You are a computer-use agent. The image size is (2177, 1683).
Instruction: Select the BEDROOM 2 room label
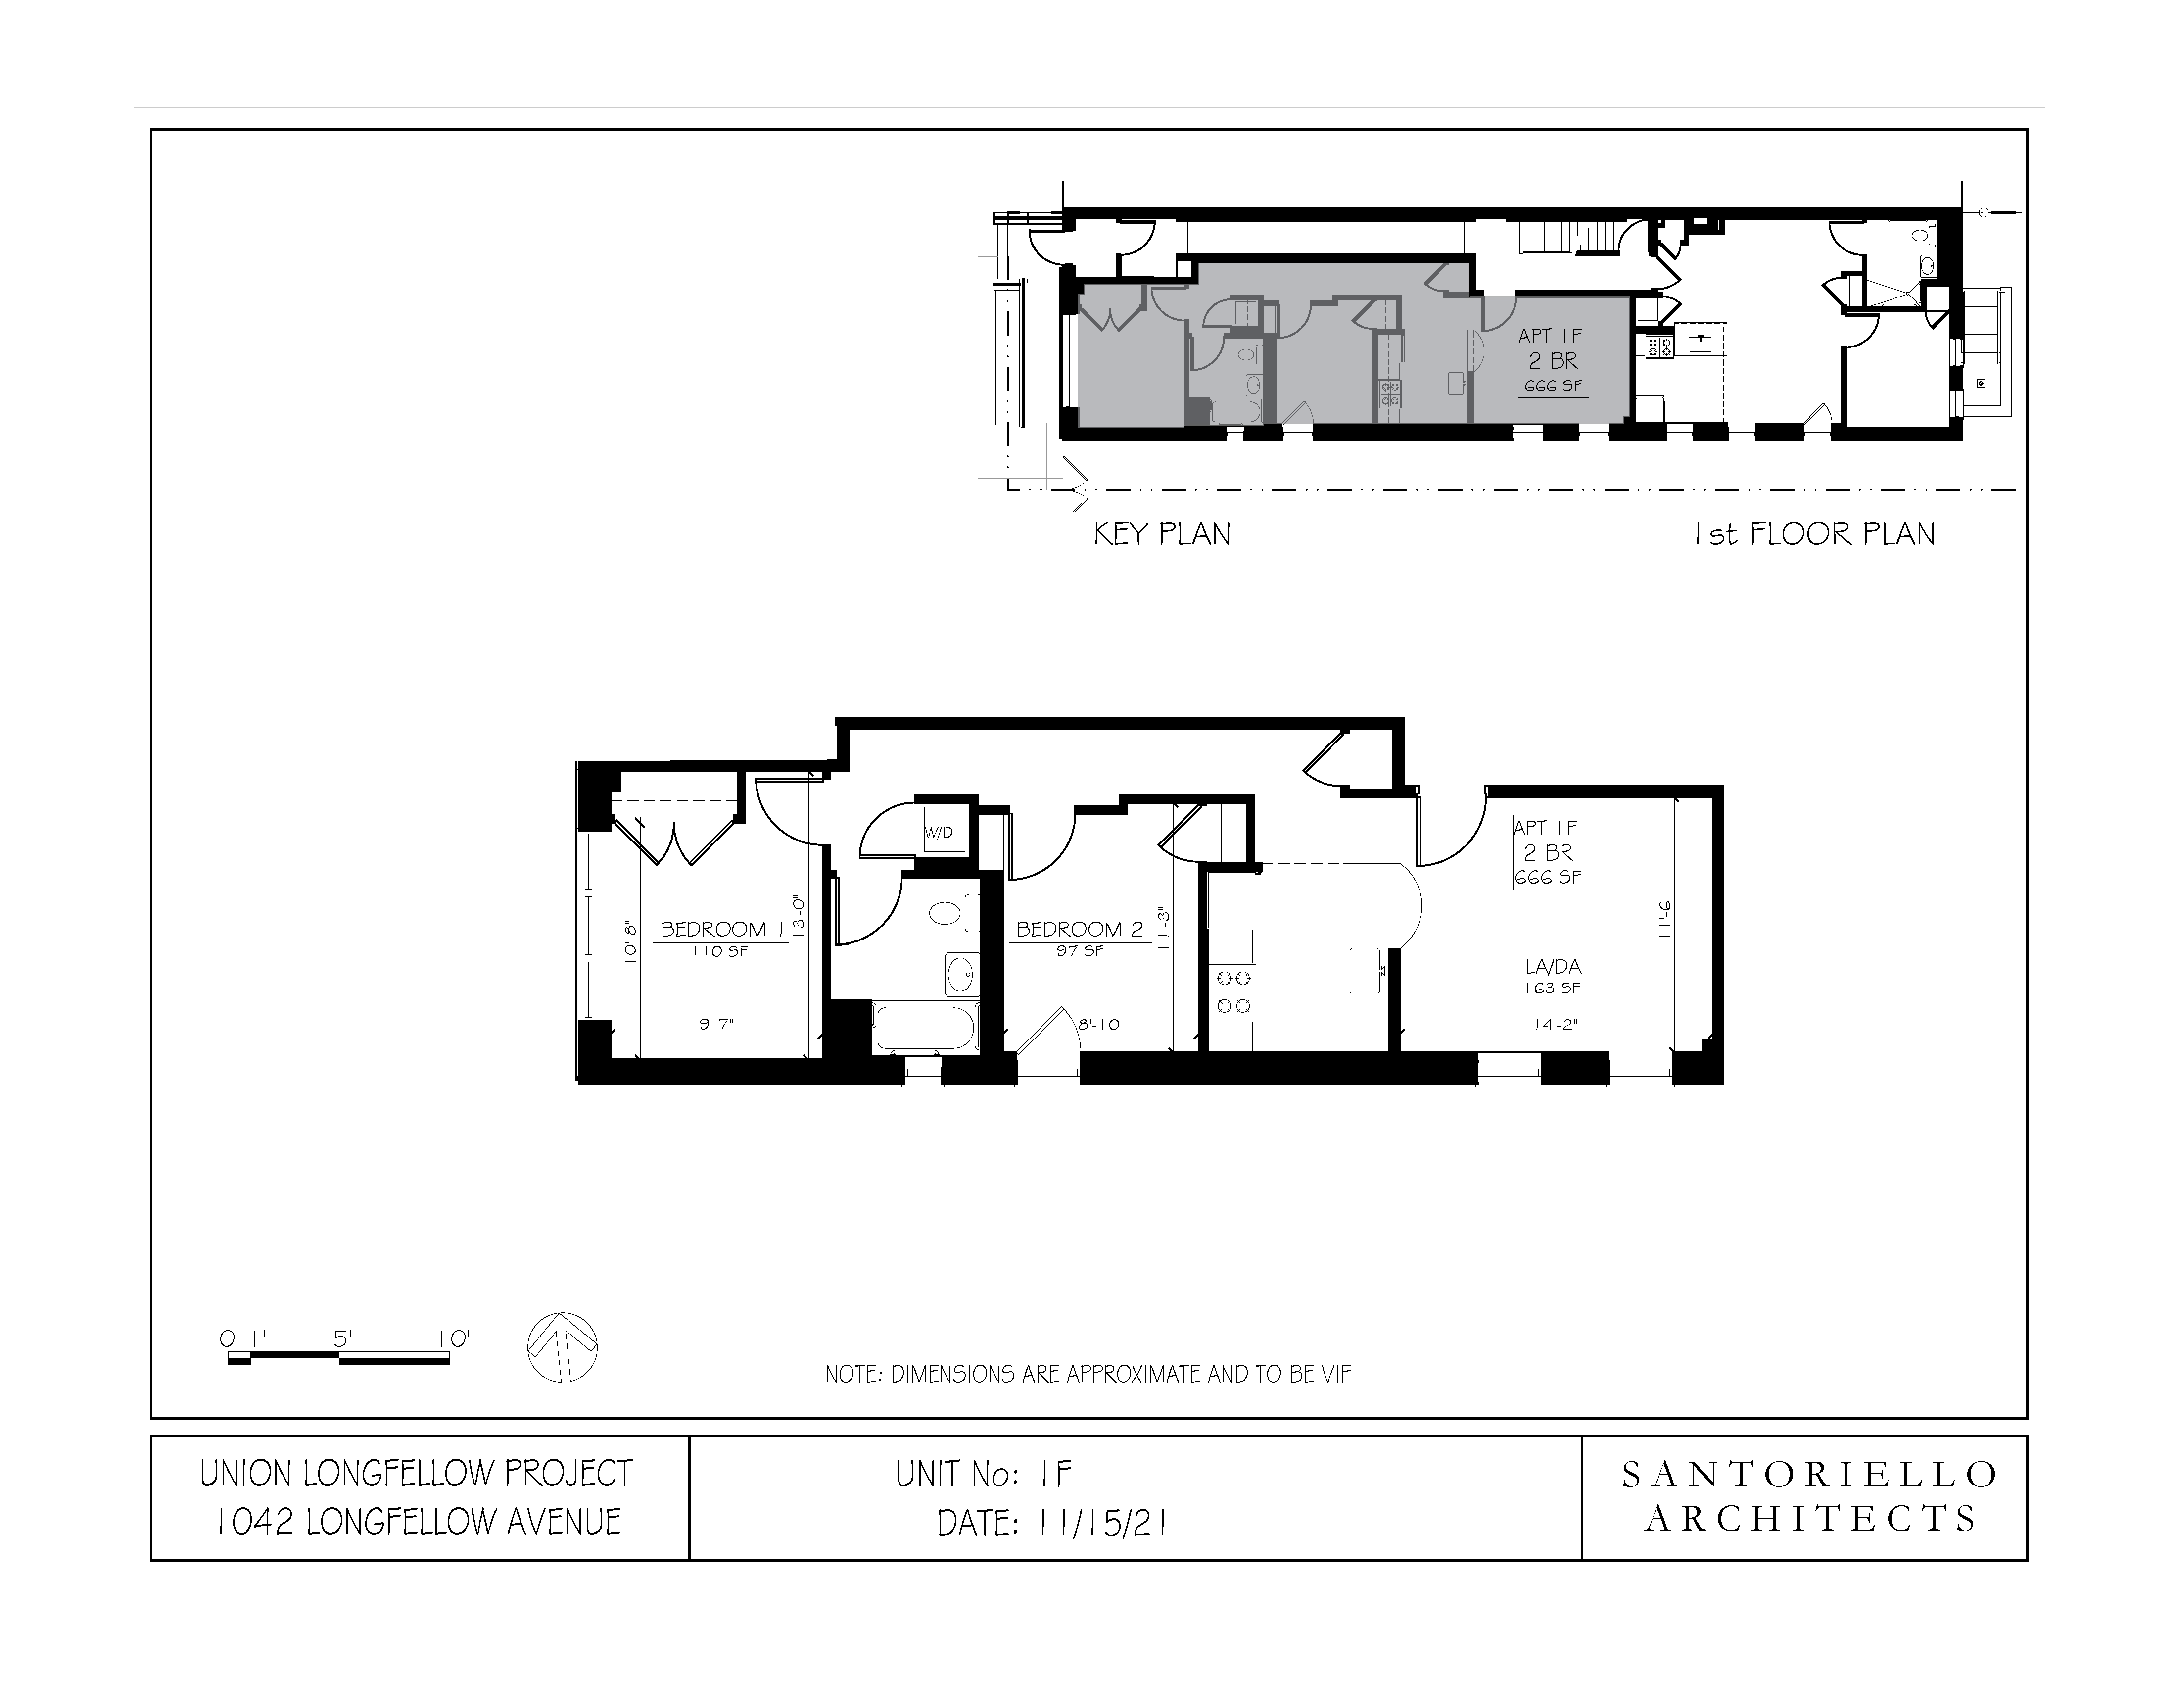(1080, 929)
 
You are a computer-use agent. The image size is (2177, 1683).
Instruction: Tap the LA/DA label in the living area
(1553, 966)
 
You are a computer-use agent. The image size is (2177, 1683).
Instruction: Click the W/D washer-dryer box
(939, 832)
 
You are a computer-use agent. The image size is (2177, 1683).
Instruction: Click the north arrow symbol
(562, 1347)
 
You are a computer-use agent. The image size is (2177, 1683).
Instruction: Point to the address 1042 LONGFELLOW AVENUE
(419, 1522)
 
